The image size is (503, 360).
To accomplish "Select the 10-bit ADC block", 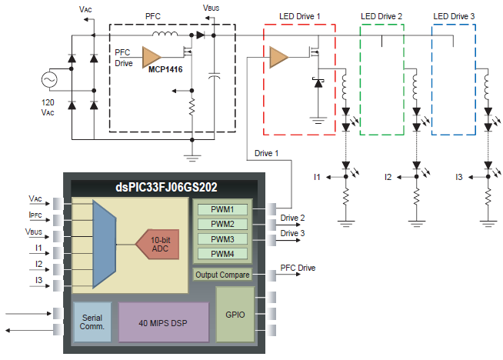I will [x=158, y=244].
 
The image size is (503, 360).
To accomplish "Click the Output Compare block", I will [x=222, y=274].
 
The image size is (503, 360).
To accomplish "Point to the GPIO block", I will [x=235, y=314].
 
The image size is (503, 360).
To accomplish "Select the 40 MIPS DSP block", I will [x=163, y=322].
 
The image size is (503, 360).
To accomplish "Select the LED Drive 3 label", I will [x=454, y=16].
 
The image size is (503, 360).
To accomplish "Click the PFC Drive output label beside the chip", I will [x=297, y=268].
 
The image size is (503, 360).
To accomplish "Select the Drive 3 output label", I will [x=292, y=233].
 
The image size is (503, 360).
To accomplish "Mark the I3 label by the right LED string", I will [x=458, y=178].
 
